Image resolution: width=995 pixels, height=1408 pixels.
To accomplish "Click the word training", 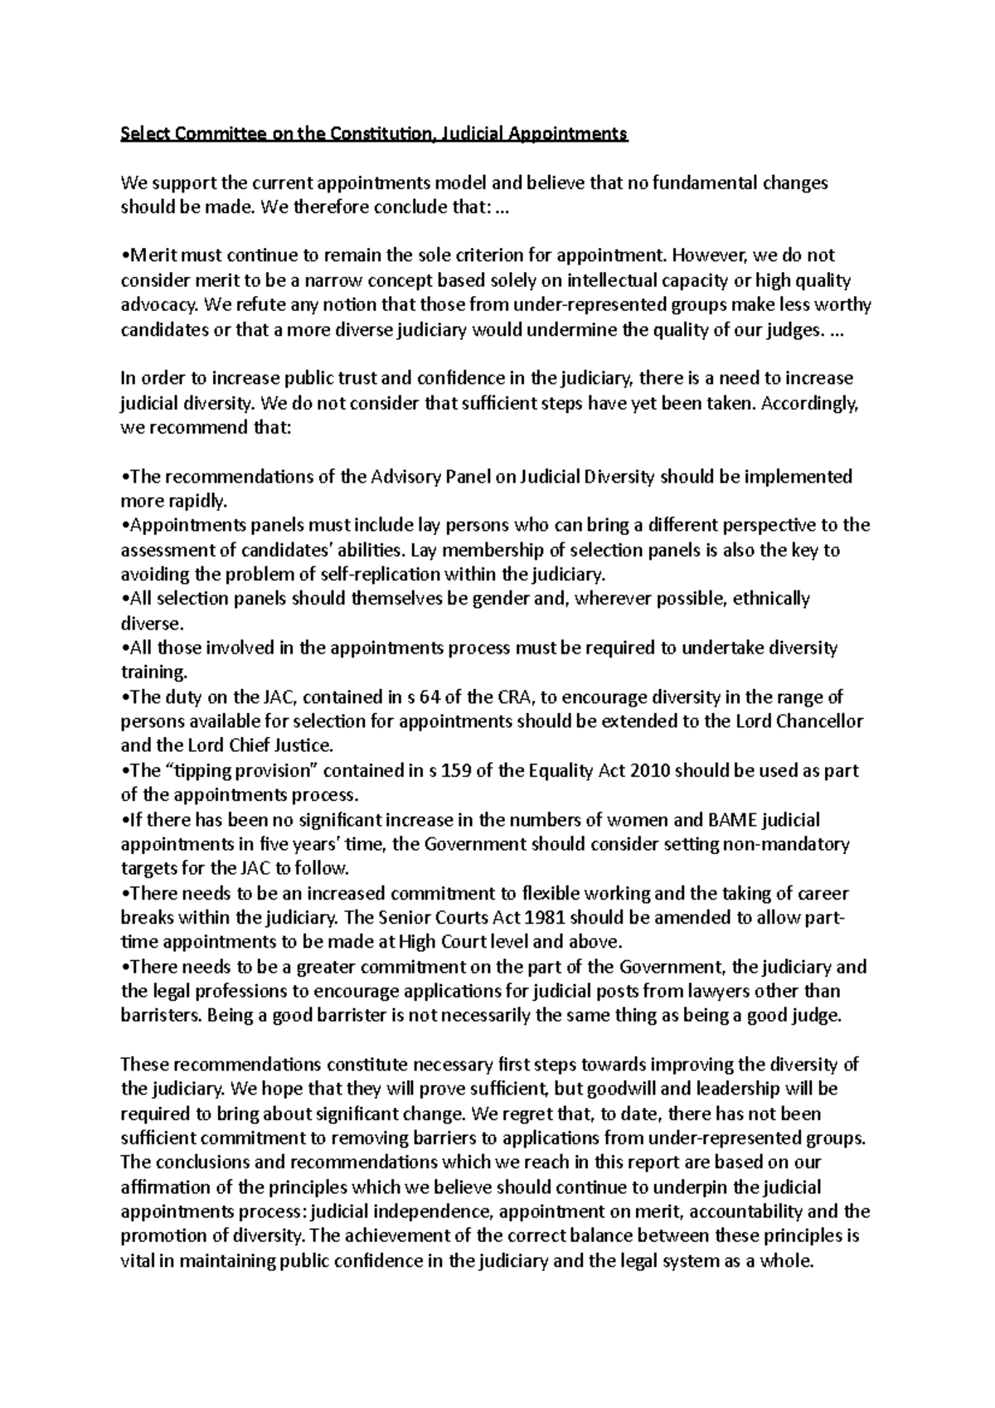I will point(154,672).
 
